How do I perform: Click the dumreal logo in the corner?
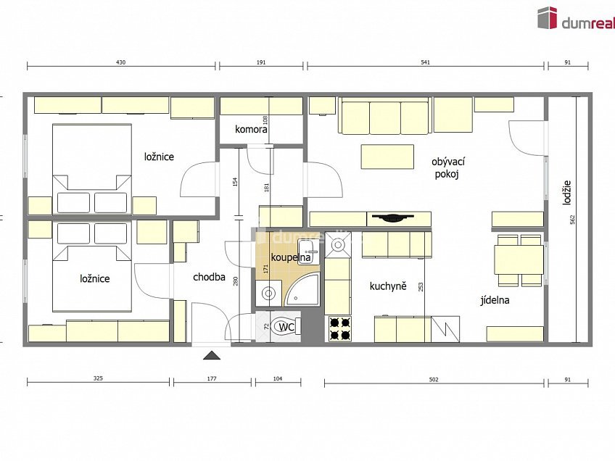[x=576, y=18]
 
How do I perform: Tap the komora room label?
[x=251, y=129]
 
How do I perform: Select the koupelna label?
[x=291, y=257]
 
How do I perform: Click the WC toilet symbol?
[x=286, y=326]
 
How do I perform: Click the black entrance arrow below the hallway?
[x=212, y=355]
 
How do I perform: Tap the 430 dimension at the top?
[x=121, y=62]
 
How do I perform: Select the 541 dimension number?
[x=425, y=62]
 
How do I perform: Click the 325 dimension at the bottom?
[x=98, y=378]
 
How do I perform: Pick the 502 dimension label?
[x=434, y=380]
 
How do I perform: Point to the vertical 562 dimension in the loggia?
[x=572, y=220]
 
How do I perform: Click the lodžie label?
[x=566, y=192]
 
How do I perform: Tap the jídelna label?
[x=495, y=300]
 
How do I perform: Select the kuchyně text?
[x=388, y=286]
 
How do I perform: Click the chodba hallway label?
[x=209, y=277]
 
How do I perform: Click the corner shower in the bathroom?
[x=301, y=289]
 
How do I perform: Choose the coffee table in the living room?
[x=387, y=157]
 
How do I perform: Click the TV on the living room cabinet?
[x=392, y=217]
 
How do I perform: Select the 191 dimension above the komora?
[x=261, y=62]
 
